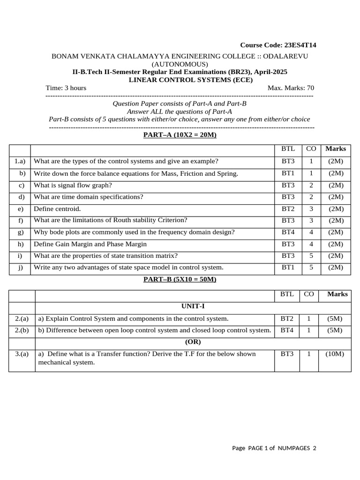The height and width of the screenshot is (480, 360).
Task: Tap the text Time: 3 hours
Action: pyautogui.click(x=66, y=88)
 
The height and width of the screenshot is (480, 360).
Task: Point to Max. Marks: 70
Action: pyautogui.click(x=291, y=88)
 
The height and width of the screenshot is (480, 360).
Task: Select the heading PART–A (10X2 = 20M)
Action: pyautogui.click(x=180, y=135)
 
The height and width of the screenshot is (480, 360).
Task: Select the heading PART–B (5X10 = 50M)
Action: pyautogui.click(x=180, y=279)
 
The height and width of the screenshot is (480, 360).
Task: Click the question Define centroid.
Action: pyautogui.click(x=57, y=209)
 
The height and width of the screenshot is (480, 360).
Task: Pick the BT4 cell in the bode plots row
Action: pyautogui.click(x=288, y=232)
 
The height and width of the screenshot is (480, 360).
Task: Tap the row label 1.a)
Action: pyautogui.click(x=20, y=161)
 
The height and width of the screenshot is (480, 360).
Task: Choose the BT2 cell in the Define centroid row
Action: pyautogui.click(x=288, y=209)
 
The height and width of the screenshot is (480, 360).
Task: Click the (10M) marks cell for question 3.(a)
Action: pyautogui.click(x=335, y=354)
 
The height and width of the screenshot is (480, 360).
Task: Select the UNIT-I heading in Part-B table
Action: pyautogui.click(x=193, y=306)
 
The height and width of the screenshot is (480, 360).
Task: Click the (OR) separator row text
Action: pyautogui.click(x=193, y=342)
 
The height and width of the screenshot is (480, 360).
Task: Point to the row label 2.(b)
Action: pyautogui.click(x=22, y=330)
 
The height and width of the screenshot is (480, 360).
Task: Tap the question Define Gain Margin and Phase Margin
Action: pyautogui.click(x=90, y=244)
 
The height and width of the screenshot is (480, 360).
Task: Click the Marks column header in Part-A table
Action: pyautogui.click(x=336, y=149)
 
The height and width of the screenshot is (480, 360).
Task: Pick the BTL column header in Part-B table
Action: pyautogui.click(x=287, y=294)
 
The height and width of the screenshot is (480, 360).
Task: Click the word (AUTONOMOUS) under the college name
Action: pyautogui.click(x=180, y=64)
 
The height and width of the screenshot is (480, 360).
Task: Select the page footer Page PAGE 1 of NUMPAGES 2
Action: pyautogui.click(x=274, y=448)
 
